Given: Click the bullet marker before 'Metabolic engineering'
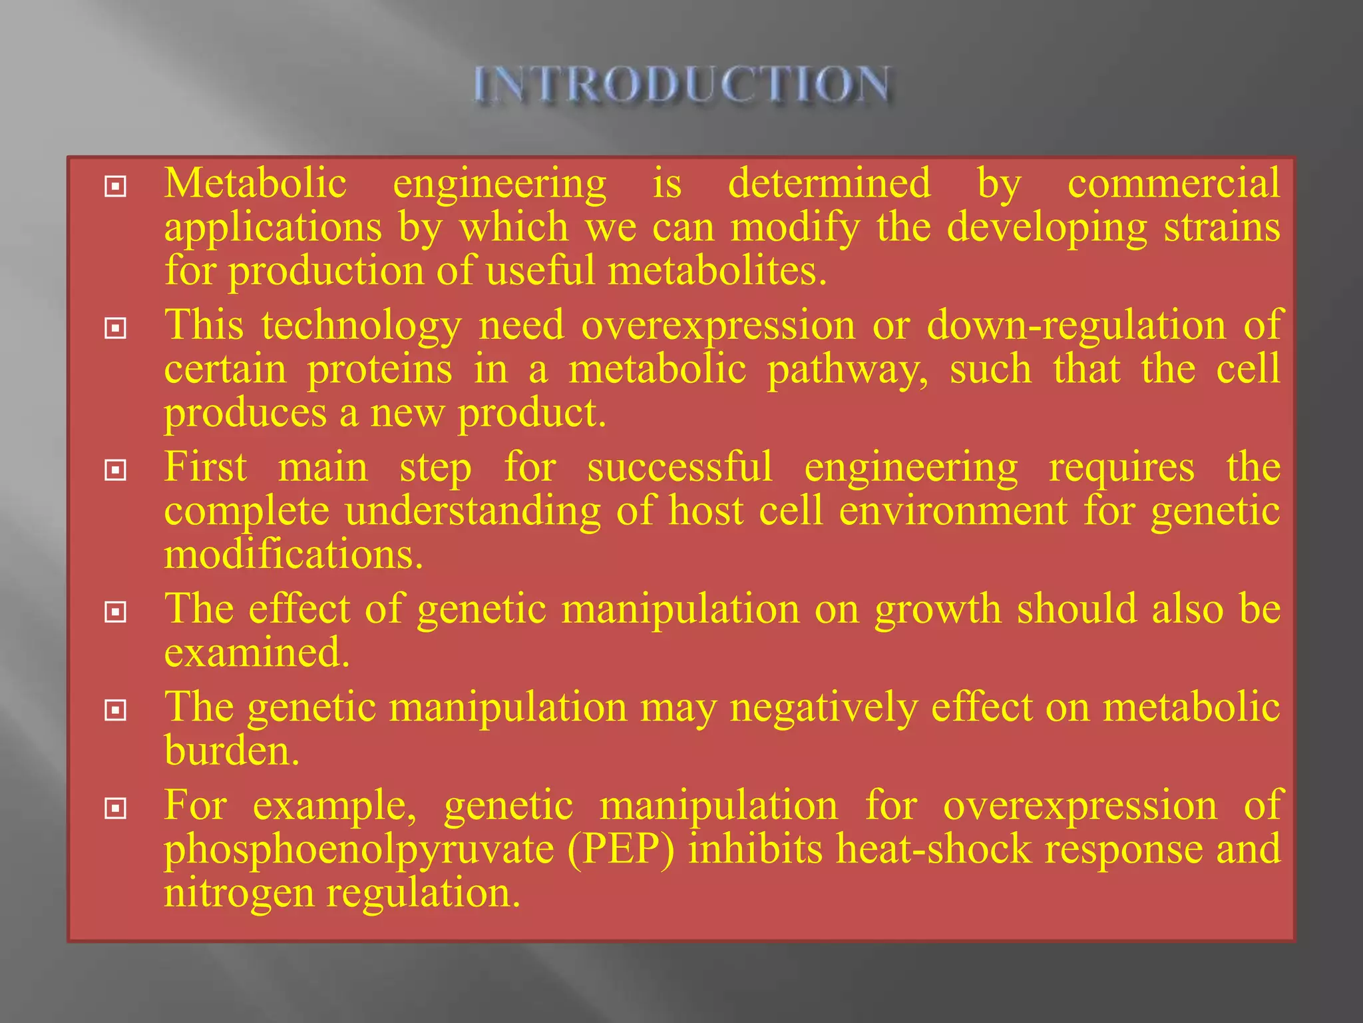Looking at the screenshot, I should click(x=116, y=186).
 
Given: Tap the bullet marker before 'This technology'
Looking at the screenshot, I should click(x=116, y=328).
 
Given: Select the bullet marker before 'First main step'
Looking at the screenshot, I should click(x=116, y=471).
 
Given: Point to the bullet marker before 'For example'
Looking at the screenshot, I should click(x=116, y=809).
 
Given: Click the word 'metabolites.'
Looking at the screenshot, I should click(x=717, y=271).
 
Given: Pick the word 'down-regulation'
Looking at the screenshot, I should click(x=1076, y=325).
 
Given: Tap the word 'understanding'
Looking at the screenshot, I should click(x=473, y=511).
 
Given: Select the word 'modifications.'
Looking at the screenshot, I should click(x=293, y=555).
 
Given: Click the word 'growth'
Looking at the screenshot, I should click(x=938, y=609).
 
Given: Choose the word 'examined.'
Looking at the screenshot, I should click(x=257, y=653).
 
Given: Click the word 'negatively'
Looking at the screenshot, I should click(x=823, y=707).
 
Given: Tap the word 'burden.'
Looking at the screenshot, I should click(x=232, y=751).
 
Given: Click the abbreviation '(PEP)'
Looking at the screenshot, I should click(x=621, y=849).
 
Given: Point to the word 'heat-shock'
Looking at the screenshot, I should click(x=933, y=849).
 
